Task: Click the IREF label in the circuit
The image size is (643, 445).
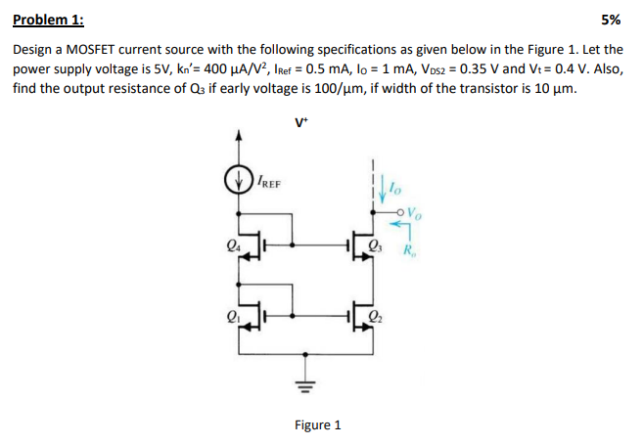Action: pyautogui.click(x=267, y=182)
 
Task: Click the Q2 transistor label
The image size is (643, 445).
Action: pyautogui.click(x=377, y=315)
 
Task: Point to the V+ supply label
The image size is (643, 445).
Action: pyautogui.click(x=300, y=122)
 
